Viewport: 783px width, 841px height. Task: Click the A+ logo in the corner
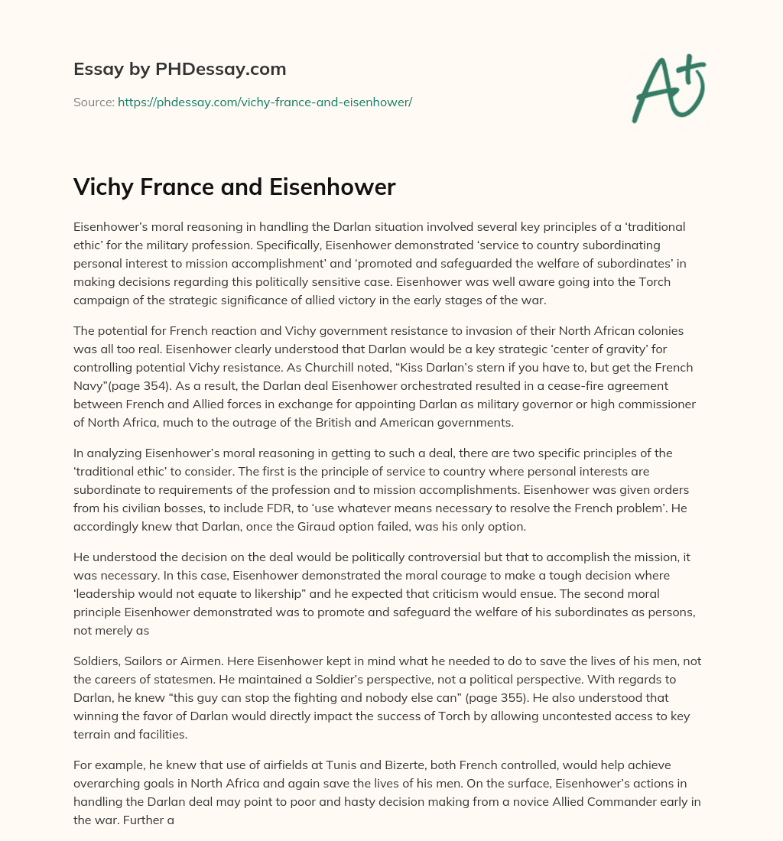tap(668, 88)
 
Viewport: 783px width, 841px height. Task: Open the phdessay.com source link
tap(265, 102)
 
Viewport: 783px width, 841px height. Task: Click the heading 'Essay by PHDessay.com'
tap(180, 69)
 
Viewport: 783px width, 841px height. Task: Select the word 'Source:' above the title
tap(93, 102)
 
